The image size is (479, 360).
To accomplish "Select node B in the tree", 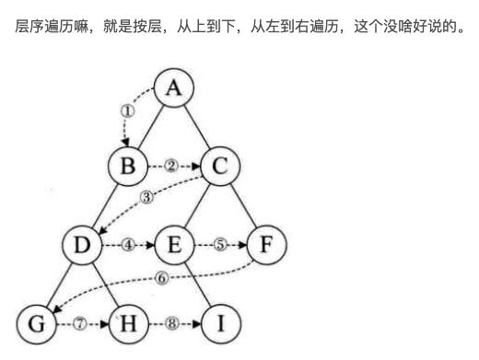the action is click(128, 167).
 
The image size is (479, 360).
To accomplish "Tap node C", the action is click(220, 167).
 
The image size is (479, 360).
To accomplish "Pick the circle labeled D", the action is click(82, 245).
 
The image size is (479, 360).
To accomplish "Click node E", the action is click(174, 245).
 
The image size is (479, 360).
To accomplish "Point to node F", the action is click(266, 245).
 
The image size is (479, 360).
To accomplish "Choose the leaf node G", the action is click(37, 323).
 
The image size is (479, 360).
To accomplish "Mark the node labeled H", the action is click(128, 323).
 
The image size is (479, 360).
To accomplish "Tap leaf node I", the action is click(219, 323).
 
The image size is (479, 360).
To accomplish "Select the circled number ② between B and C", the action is click(171, 167).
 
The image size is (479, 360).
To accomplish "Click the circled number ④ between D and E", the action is click(128, 245).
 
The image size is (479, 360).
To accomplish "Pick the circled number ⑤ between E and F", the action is click(219, 245).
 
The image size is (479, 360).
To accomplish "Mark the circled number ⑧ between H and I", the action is click(172, 323).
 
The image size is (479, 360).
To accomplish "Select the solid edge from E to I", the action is click(197, 285).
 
